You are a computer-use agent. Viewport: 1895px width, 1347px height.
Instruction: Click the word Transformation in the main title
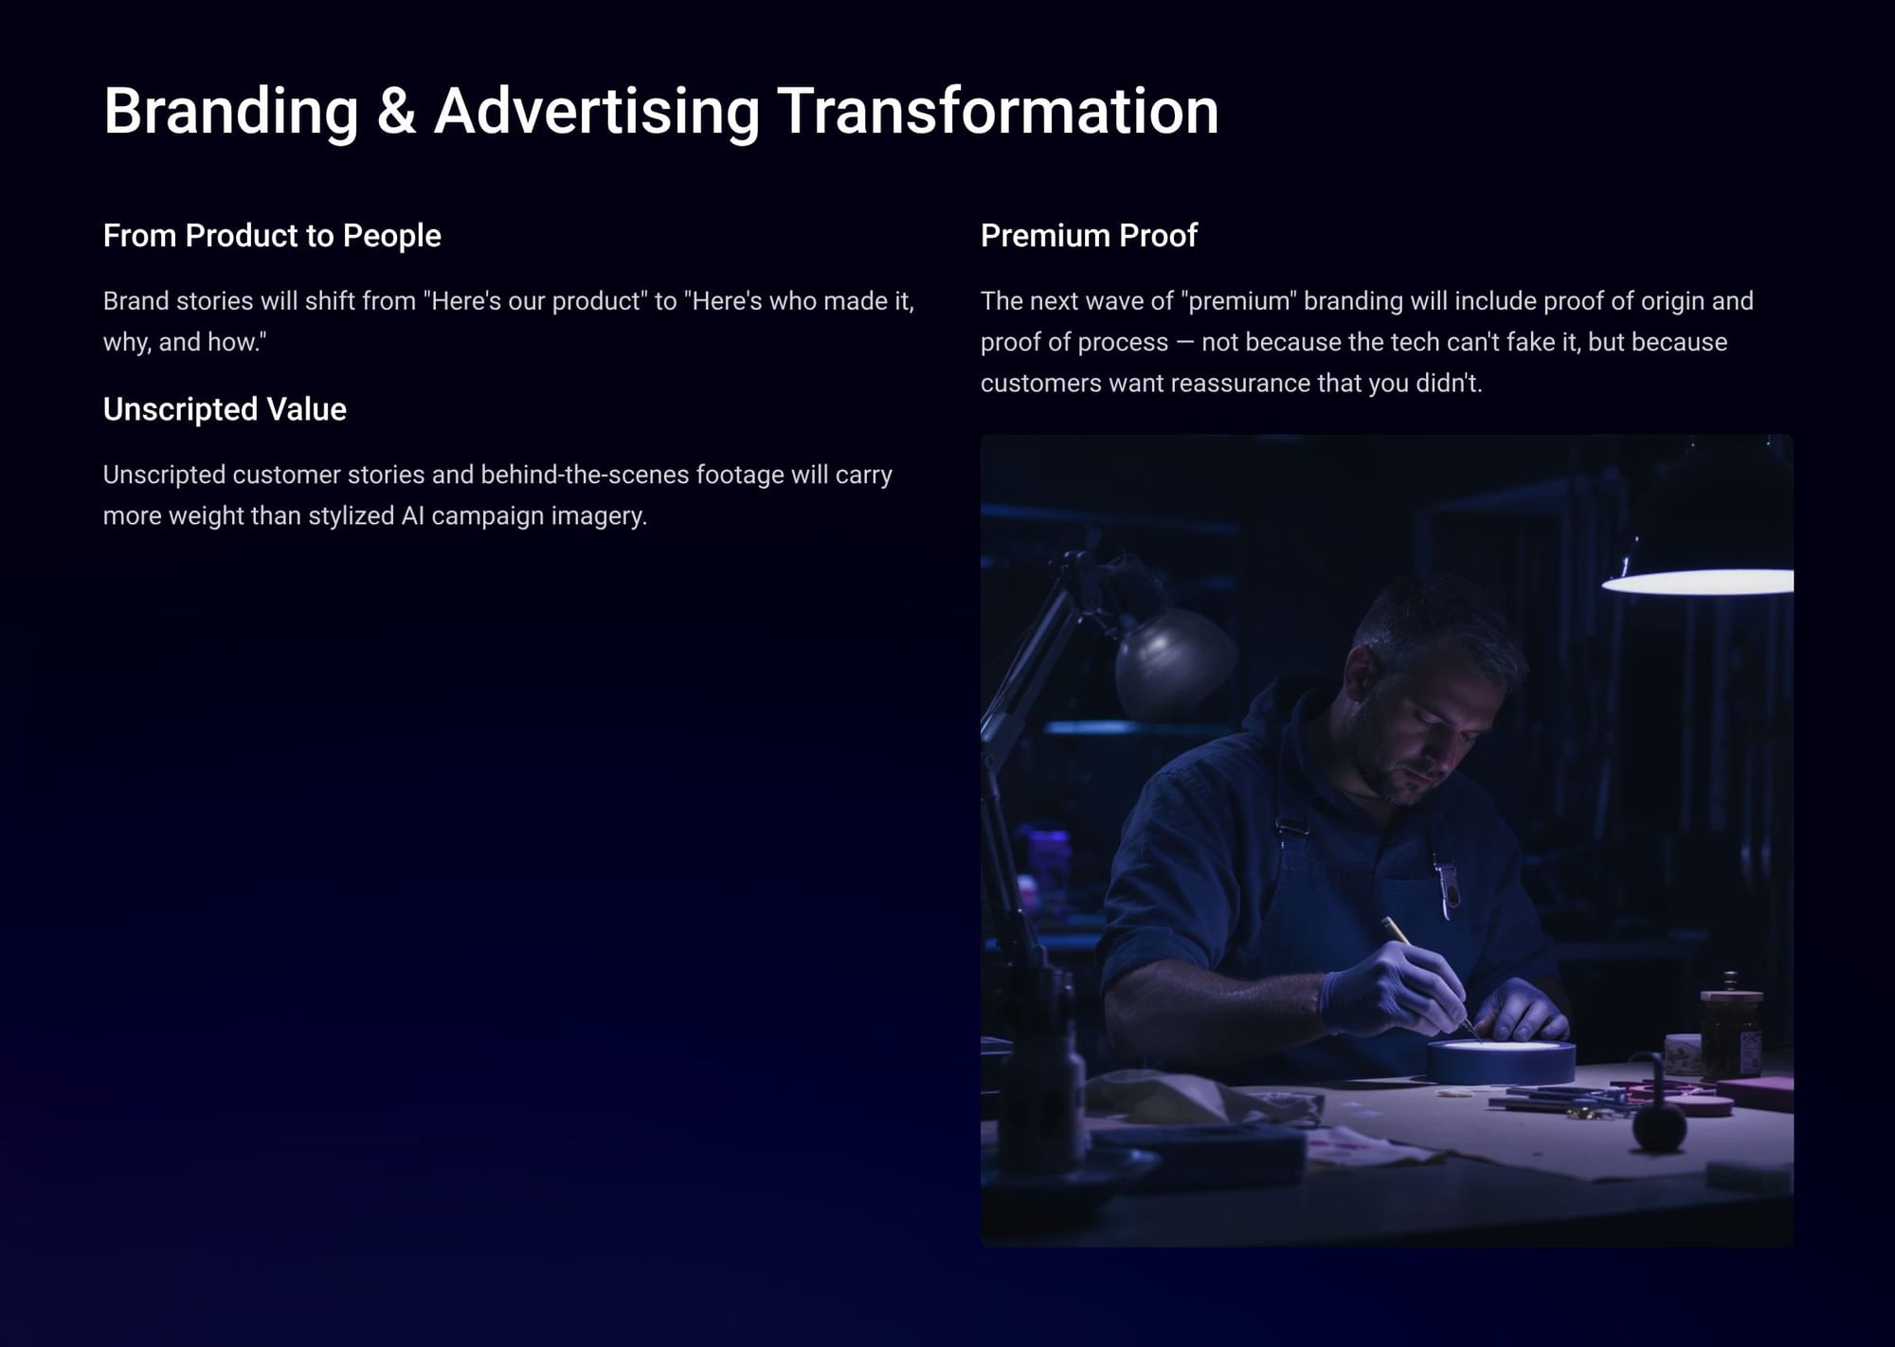[998, 111]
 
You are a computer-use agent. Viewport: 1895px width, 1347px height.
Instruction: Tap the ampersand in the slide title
[396, 111]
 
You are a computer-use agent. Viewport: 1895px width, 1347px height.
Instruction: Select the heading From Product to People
[272, 236]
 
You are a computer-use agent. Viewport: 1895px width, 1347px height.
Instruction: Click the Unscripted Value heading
[225, 409]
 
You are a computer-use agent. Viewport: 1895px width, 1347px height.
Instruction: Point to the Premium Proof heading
[1089, 235]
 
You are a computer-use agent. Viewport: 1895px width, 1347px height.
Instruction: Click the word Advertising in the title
[597, 111]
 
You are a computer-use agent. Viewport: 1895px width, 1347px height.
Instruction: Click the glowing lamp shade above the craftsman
[1698, 580]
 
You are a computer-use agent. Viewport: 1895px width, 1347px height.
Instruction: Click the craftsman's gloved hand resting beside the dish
[1524, 1012]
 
